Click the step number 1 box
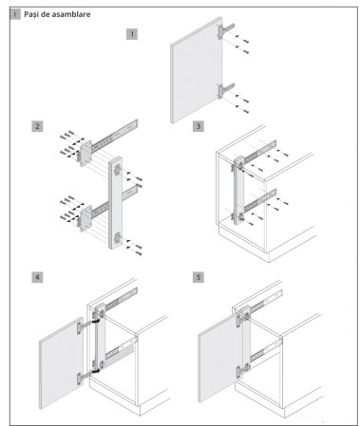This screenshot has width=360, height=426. coord(132,34)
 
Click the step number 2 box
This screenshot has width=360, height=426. coord(37,126)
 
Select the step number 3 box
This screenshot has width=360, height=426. coord(199,126)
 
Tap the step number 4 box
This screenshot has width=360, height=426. coord(37,277)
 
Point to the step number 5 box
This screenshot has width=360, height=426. coord(199,277)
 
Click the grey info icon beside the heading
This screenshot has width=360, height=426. coord(15,14)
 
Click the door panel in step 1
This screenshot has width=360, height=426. coord(197,70)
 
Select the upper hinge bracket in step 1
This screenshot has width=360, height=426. coord(225,29)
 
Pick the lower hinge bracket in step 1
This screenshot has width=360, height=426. coord(225,90)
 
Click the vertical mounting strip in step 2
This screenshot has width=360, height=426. coord(115,202)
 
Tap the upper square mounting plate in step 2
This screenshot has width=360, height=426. coord(85,153)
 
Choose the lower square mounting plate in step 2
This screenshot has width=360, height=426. coord(85,219)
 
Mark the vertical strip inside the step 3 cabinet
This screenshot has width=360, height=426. coord(239,191)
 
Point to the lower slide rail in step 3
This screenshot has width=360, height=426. coord(259,201)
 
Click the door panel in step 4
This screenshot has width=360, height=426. coord(61,363)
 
